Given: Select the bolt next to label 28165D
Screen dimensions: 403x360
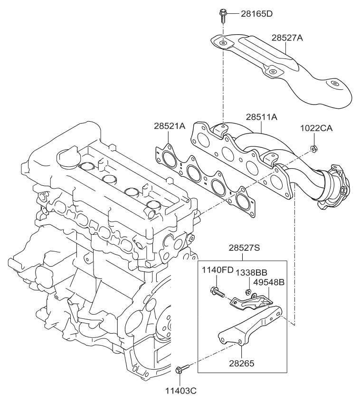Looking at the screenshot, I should click(222, 15).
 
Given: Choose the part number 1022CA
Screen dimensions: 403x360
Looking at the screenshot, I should click(315, 128).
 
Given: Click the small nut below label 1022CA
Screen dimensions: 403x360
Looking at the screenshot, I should click(313, 150).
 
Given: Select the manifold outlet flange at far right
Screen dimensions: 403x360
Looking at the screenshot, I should click(332, 188).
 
